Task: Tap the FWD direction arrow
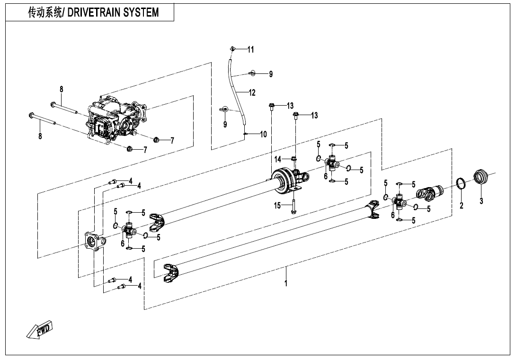pos(40,329)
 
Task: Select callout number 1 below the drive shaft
pos(286,283)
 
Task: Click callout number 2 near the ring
pos(462,205)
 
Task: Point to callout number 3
pos(481,201)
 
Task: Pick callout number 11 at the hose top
pos(250,49)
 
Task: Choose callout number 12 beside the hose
pos(252,92)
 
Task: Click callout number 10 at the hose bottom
pos(263,134)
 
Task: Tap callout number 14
pos(278,159)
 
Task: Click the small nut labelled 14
pos(294,159)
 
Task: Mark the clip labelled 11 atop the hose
pos(232,49)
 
